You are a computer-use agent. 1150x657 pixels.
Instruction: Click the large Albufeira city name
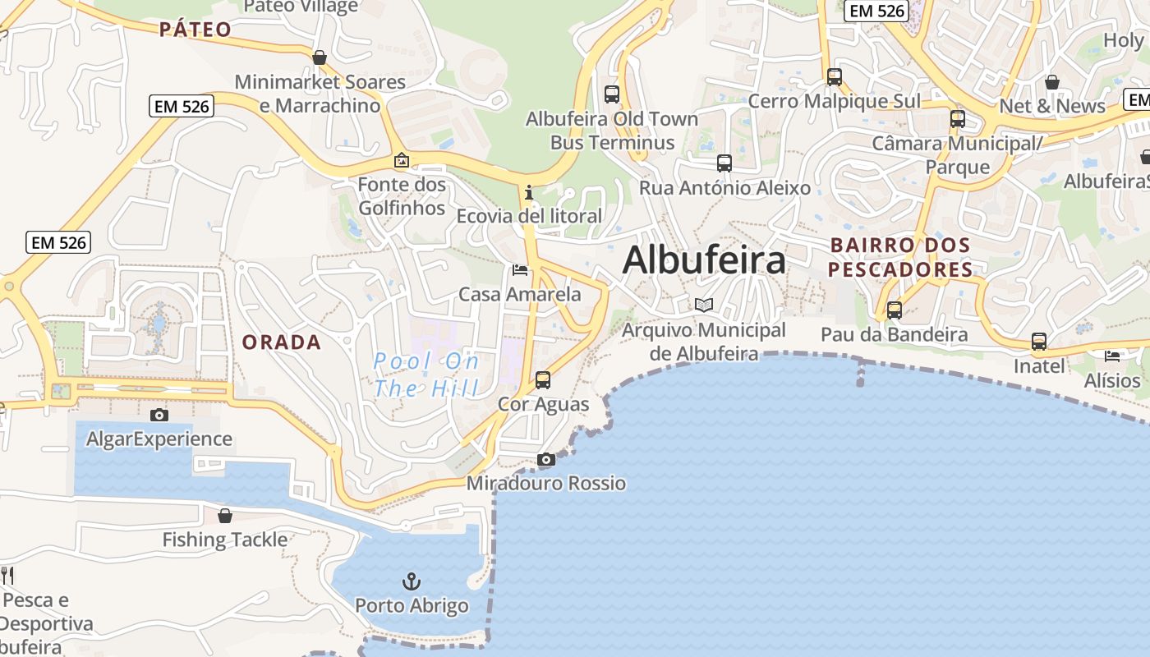[704, 260]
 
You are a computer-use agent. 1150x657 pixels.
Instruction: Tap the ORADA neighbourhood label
[282, 342]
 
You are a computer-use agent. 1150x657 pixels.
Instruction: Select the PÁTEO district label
[195, 30]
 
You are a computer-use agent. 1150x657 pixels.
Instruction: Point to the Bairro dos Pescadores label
[899, 257]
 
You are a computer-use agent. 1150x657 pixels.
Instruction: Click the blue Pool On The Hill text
[425, 374]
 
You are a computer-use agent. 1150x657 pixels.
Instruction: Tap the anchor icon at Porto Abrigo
[411, 582]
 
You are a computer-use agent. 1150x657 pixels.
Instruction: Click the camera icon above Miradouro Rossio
[546, 460]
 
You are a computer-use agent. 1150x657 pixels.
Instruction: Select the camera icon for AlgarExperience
[159, 416]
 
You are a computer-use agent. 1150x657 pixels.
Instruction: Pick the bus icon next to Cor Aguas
[543, 380]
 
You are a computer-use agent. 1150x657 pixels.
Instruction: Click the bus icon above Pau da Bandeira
[895, 310]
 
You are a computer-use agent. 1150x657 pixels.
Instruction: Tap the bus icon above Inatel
[1039, 342]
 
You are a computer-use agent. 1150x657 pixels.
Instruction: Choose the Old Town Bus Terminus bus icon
[612, 94]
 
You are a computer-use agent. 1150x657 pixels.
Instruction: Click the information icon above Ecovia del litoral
[529, 193]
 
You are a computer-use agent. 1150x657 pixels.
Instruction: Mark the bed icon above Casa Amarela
[519, 269]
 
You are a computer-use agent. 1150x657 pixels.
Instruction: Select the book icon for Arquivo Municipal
[704, 305]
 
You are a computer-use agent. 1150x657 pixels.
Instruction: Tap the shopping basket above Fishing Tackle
[225, 516]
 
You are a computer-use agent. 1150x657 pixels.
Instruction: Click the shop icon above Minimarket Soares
[320, 57]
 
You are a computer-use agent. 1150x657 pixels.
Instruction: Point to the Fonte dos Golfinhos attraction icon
[402, 160]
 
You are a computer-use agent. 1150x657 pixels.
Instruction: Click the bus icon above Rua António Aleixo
[724, 163]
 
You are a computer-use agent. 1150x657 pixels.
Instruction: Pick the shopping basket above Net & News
[1052, 82]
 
